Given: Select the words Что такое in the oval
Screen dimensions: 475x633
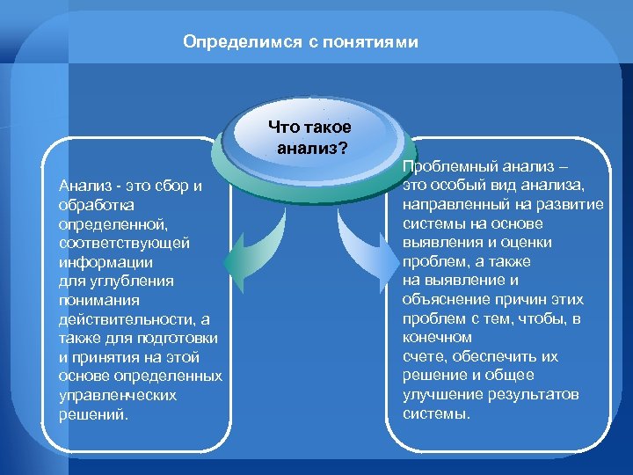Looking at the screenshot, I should click(x=309, y=128).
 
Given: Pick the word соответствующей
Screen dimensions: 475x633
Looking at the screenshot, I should click(x=112, y=242).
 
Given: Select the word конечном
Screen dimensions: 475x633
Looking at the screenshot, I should click(x=437, y=337).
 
